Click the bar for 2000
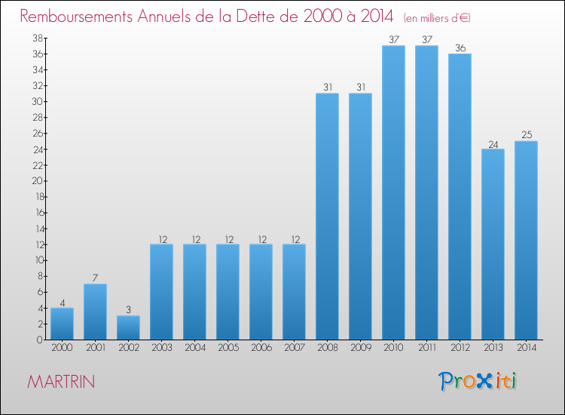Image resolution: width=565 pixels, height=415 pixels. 62,324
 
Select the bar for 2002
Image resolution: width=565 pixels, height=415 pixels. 128,327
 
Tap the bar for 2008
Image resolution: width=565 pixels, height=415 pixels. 327,217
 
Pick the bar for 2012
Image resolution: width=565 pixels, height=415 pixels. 460,196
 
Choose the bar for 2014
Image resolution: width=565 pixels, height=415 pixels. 526,240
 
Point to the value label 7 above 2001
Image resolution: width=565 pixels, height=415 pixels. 95,278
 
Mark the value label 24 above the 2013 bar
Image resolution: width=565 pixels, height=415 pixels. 493,143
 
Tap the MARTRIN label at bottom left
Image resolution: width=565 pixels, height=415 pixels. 61,382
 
